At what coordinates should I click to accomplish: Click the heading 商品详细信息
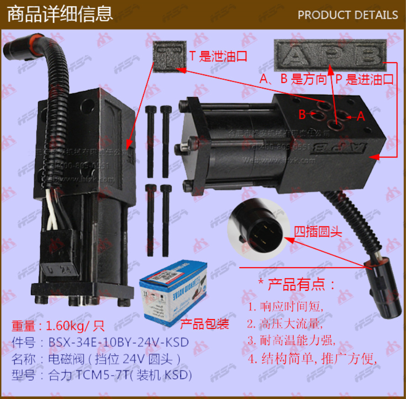pos(60,14)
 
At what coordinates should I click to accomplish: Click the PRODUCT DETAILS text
pos(347,15)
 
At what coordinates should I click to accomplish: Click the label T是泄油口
pos(218,57)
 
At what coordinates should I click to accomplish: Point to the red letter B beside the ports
pos(302,115)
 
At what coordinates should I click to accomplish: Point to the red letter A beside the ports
pos(361,116)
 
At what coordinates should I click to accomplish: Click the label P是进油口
pos(364,80)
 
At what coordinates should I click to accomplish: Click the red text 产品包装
pos(204,325)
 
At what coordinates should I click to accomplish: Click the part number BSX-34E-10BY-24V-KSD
pos(118,343)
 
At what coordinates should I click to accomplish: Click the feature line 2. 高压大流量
pos(285,324)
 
